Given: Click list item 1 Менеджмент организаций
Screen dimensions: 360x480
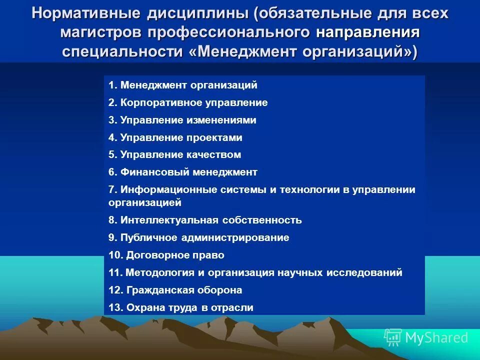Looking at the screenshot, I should click(x=183, y=85).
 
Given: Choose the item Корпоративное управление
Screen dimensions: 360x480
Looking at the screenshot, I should click(x=188, y=103).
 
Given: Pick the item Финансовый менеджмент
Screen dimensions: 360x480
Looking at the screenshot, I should click(x=183, y=172).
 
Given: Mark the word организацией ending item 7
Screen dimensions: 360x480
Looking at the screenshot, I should click(x=144, y=202).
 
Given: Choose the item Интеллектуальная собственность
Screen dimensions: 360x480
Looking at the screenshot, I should click(x=205, y=220).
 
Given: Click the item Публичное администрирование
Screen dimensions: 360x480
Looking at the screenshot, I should click(x=199, y=237).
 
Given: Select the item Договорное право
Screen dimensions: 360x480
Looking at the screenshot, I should click(x=166, y=255).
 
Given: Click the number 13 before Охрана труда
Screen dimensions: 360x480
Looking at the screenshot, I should click(x=115, y=307).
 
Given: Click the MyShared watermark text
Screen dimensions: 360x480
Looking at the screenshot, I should click(x=436, y=338).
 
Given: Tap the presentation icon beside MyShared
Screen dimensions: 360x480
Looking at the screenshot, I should click(x=393, y=337).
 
